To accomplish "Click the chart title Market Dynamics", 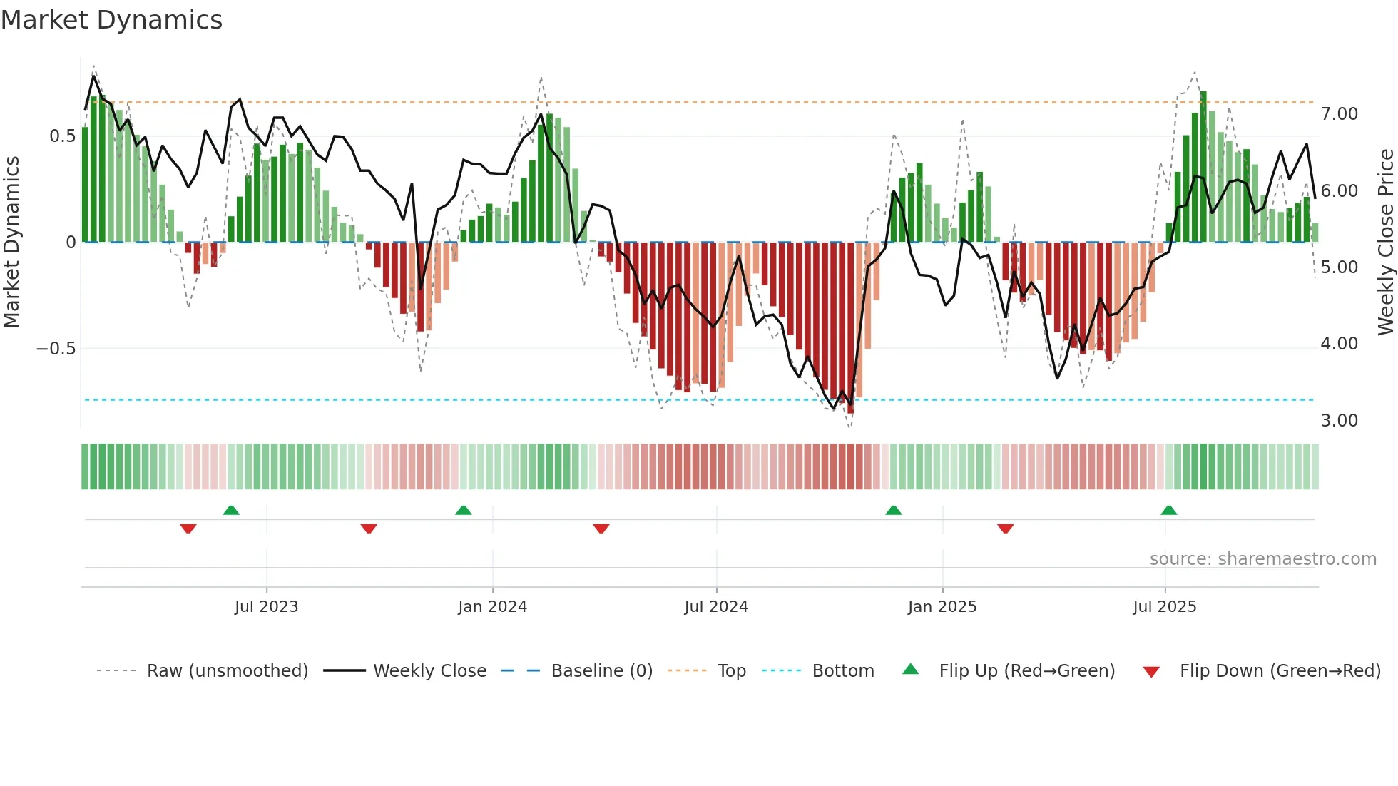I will pos(111,20).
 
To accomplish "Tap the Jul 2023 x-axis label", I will pos(266,607).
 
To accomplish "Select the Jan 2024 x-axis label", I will pos(492,607).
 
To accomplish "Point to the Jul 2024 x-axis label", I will pos(716,607).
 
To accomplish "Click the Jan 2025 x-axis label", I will pos(942,607).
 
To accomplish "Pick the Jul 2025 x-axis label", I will pos(1165,607).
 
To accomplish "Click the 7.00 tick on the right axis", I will pos(1339,114).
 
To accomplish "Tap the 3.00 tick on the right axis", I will pos(1339,421).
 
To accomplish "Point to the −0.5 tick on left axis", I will pos(56,349).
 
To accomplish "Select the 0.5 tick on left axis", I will pos(62,136).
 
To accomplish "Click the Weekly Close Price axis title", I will pos(1385,242).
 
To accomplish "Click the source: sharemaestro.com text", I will pos(1262,559).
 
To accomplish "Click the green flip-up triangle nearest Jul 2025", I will pos(1168,510).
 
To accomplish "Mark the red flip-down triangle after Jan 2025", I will pos(1005,529).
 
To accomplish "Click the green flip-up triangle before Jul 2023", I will pos(231,510).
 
